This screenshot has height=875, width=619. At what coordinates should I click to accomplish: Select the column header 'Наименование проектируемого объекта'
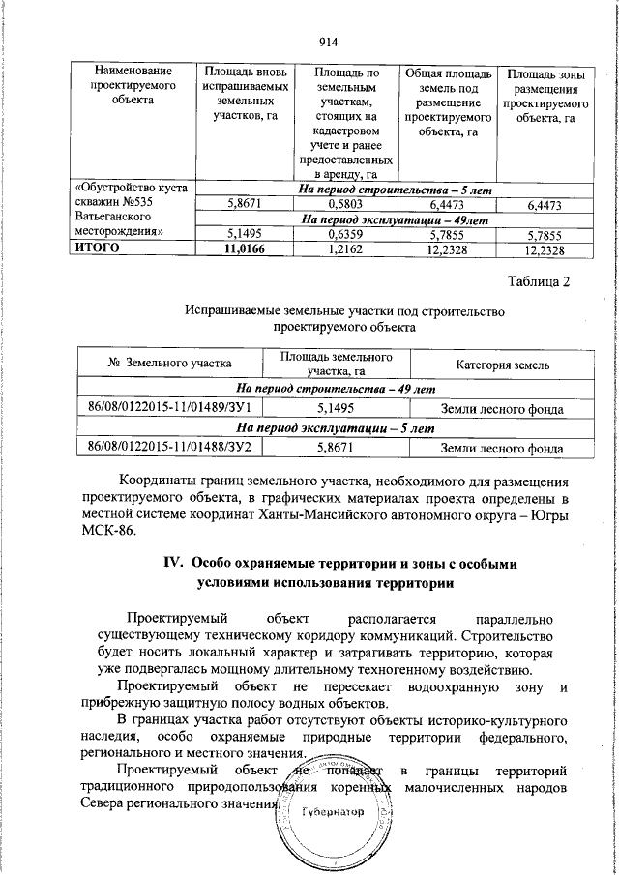click(133, 84)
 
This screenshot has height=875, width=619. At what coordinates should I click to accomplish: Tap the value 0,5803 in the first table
click(345, 205)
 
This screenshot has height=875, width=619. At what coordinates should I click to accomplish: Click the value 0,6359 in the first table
click(345, 234)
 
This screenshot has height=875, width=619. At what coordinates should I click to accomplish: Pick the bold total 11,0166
click(243, 249)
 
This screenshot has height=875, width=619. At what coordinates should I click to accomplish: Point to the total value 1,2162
click(345, 249)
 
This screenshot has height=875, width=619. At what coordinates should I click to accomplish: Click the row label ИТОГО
click(98, 249)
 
